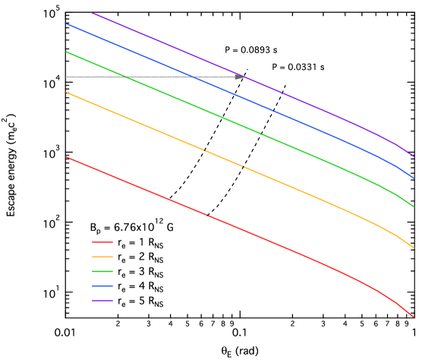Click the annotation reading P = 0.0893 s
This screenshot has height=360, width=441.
[251, 50]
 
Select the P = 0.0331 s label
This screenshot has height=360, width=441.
[298, 68]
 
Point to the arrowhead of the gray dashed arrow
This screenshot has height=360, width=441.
[241, 77]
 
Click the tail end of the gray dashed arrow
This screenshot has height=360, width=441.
[67, 77]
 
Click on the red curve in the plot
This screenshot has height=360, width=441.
[228, 225]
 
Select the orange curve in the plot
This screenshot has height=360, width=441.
[228, 159]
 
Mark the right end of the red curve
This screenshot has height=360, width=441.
[414, 317]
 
